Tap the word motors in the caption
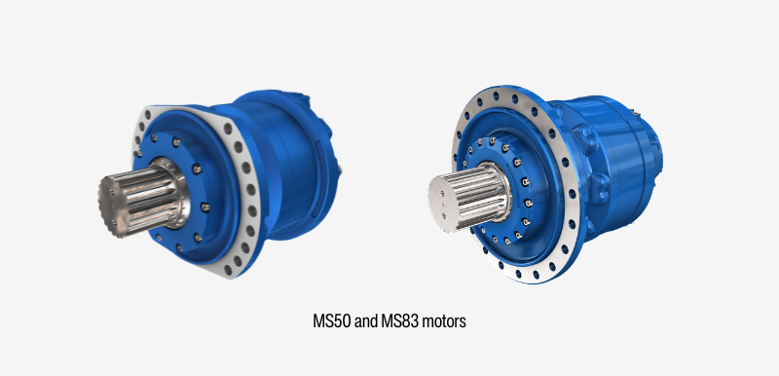pos(443,320)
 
